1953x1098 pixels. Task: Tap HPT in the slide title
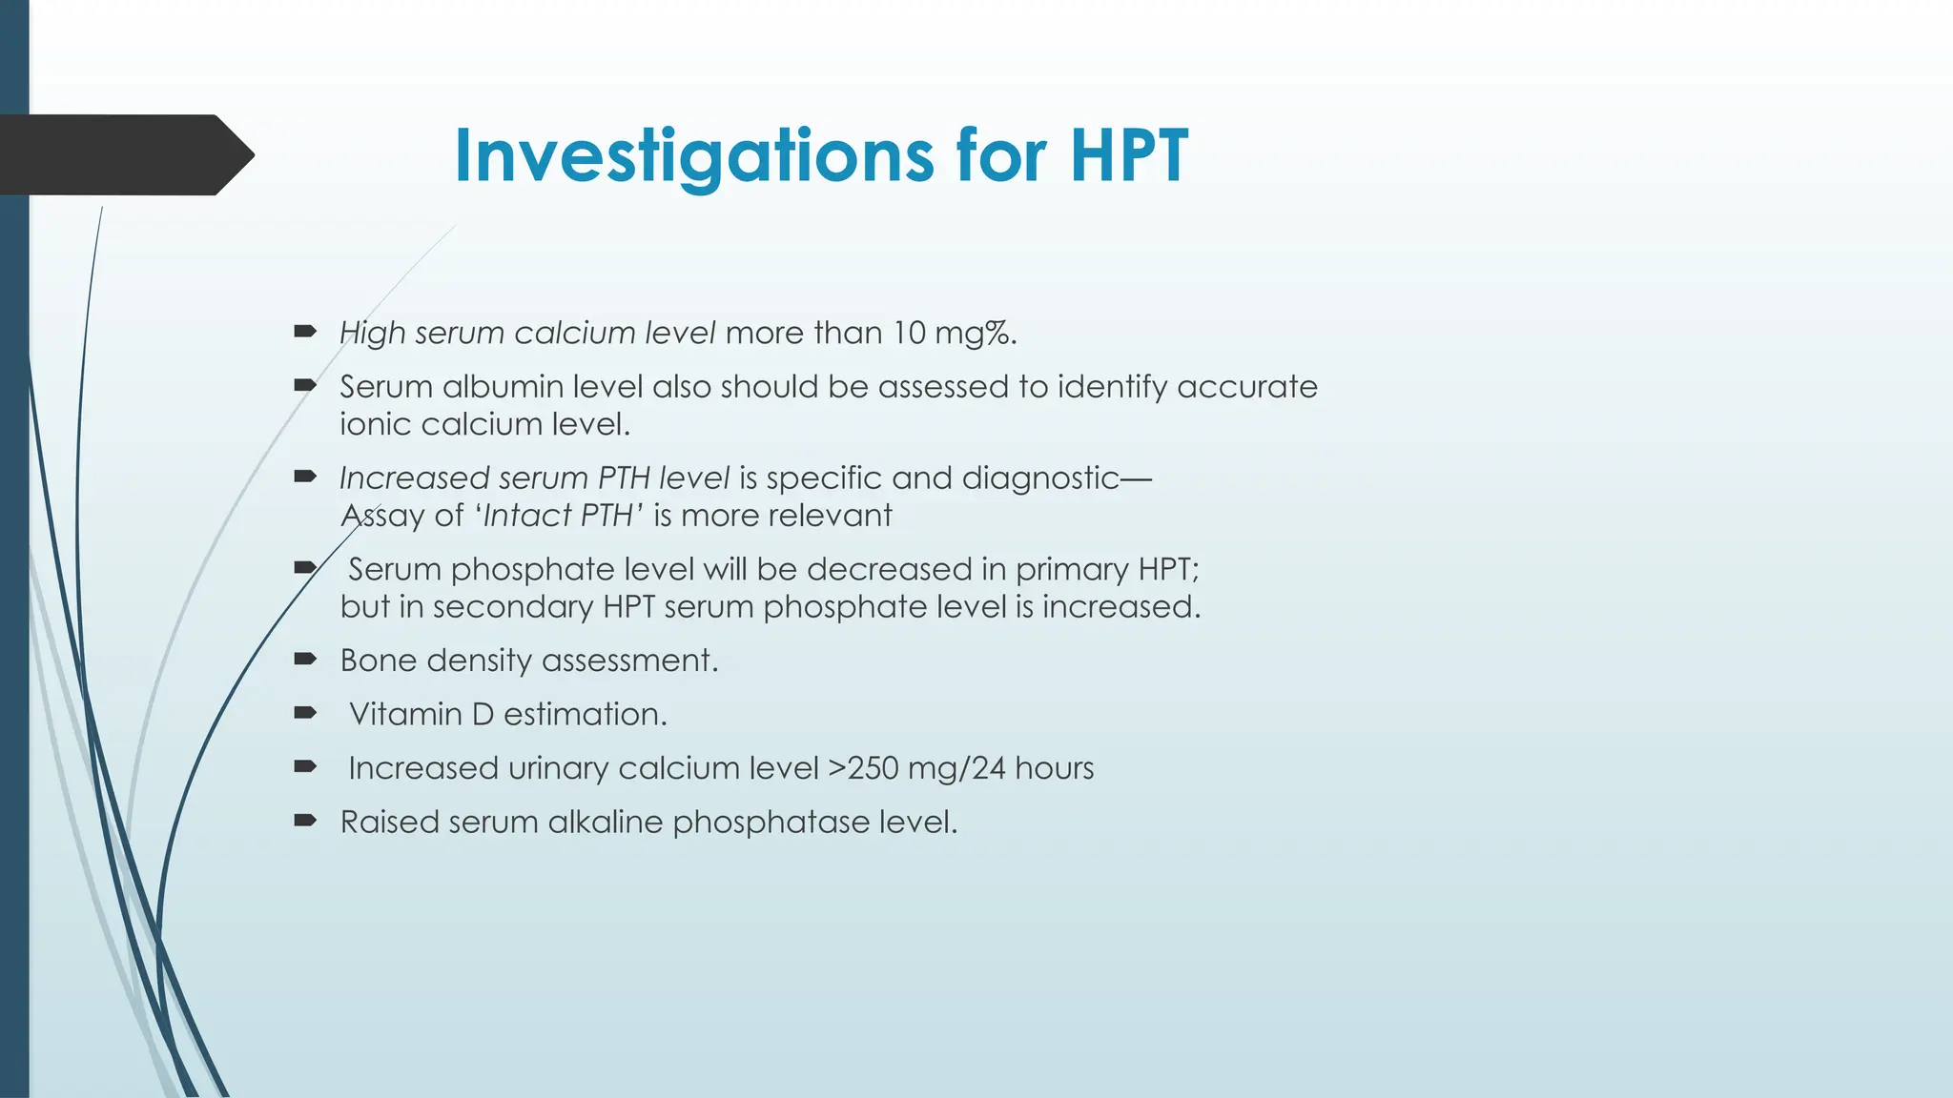pyautogui.click(x=1129, y=155)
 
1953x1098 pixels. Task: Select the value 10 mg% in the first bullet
pyautogui.click(x=954, y=333)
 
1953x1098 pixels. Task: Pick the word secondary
pyautogui.click(x=513, y=607)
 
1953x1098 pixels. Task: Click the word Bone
pyautogui.click(x=378, y=661)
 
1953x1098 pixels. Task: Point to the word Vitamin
pyautogui.click(x=405, y=714)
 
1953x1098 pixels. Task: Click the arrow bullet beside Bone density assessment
pyautogui.click(x=305, y=659)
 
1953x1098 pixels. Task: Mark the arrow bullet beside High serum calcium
pyautogui.click(x=305, y=332)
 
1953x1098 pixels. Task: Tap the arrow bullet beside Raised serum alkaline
pyautogui.click(x=305, y=821)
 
